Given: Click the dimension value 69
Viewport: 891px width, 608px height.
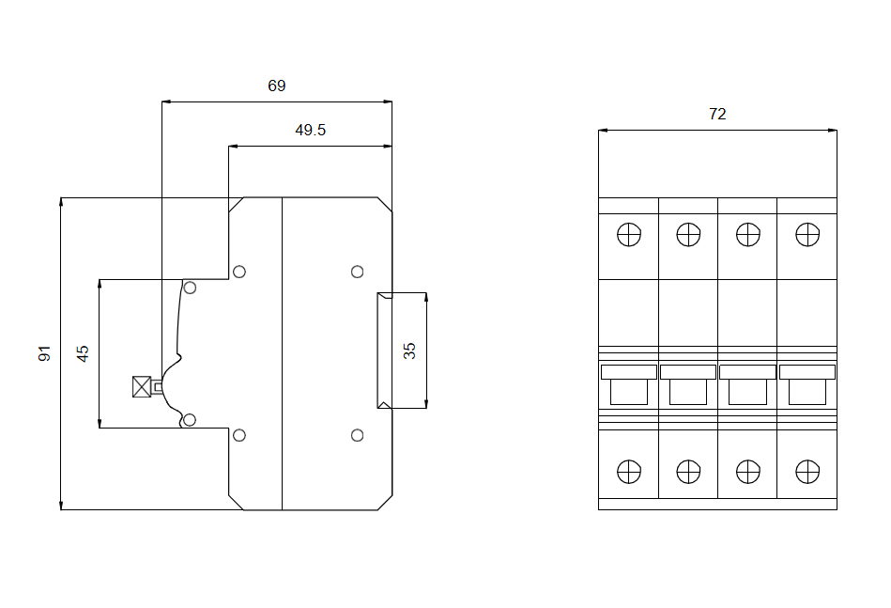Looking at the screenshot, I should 276,86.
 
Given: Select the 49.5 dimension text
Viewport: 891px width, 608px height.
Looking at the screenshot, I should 310,131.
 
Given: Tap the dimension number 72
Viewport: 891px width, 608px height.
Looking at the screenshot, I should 716,114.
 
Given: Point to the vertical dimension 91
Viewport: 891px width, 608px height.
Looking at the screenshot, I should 44,353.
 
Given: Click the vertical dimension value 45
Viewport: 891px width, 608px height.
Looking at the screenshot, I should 83,353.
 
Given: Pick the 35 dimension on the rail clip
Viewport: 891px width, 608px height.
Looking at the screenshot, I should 409,351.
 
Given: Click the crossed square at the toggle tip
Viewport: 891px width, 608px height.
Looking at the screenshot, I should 142,386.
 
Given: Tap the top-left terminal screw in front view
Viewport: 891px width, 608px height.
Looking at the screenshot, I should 629,234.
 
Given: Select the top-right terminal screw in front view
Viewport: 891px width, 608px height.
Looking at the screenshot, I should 807,234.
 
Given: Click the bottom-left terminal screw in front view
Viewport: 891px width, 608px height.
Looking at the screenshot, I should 629,471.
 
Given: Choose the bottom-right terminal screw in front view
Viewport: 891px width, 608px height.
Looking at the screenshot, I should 807,471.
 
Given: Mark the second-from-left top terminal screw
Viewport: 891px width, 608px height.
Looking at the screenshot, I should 688,234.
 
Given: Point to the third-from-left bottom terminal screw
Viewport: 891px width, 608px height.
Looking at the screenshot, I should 747,471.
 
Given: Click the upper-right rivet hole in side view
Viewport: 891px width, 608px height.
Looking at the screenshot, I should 357,273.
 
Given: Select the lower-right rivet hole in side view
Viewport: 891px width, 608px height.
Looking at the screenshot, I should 357,434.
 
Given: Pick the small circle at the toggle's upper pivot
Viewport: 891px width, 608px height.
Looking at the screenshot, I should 190,287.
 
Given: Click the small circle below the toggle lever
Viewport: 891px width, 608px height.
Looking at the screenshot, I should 190,419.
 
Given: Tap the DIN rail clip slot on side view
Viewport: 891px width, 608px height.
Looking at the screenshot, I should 384,351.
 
